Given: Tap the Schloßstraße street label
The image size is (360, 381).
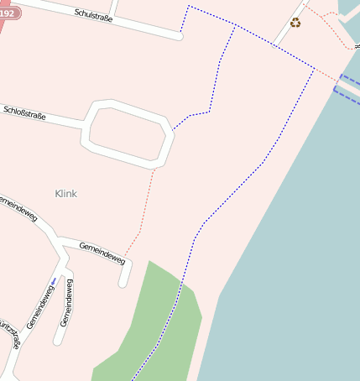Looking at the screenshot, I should [x=24, y=111].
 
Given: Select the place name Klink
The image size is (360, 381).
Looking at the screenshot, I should [x=65, y=194].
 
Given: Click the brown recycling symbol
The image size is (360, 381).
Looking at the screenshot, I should [x=295, y=23].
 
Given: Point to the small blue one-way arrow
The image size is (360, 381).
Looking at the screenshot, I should [x=54, y=280].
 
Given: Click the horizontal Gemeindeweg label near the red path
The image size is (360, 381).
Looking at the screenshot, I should [x=102, y=253].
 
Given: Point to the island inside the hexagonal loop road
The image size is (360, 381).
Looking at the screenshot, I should [x=127, y=132].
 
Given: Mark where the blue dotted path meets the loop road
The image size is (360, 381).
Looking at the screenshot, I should [x=173, y=130].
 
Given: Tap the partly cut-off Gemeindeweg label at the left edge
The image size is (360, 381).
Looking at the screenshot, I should [x=18, y=209].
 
